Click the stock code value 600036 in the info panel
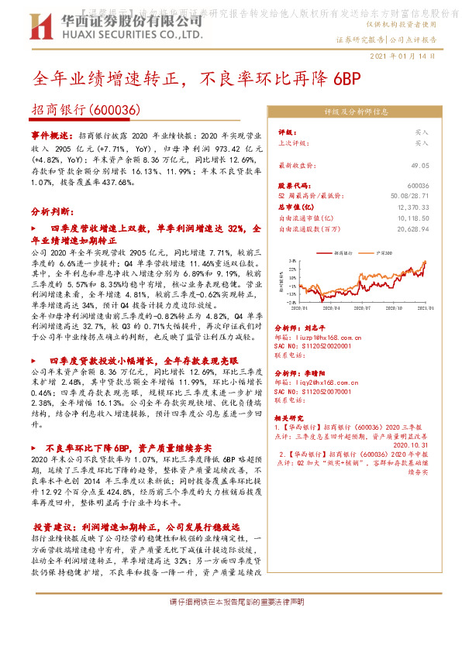pos(418,187)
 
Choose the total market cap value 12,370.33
pos(413,208)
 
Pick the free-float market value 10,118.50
pos(413,218)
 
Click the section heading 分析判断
pos(52,211)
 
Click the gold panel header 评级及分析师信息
pos(356,112)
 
